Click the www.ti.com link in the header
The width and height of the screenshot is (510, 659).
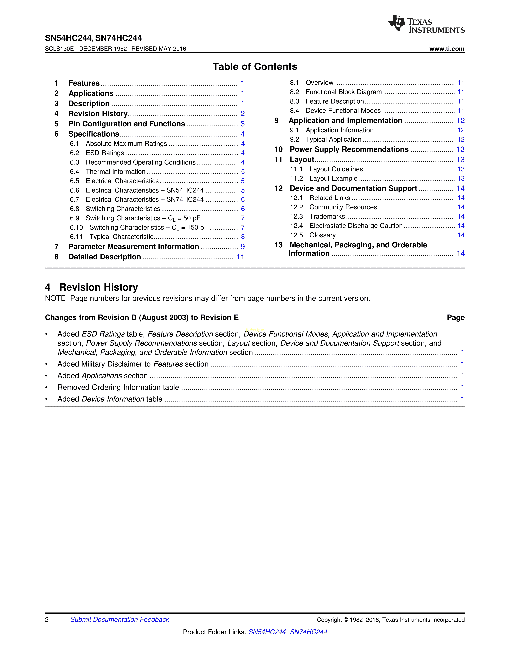click(x=447, y=49)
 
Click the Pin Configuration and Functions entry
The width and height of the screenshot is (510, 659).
click(x=127, y=124)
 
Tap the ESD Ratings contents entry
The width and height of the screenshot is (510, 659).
click(x=105, y=153)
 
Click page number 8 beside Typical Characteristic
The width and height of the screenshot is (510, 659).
click(x=243, y=237)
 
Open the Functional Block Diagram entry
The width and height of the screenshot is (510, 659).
click(x=344, y=92)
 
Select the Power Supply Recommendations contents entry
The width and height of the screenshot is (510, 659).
click(x=349, y=149)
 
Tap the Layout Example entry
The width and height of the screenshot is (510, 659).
click(x=333, y=178)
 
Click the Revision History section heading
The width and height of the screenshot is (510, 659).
click(x=98, y=287)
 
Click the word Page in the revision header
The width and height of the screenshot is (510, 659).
click(x=456, y=318)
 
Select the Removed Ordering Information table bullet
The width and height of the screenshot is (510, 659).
click(x=118, y=387)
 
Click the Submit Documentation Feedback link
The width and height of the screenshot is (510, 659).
click(x=120, y=619)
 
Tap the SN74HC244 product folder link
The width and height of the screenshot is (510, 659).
click(x=308, y=632)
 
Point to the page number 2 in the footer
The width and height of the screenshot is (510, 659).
click(x=47, y=619)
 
